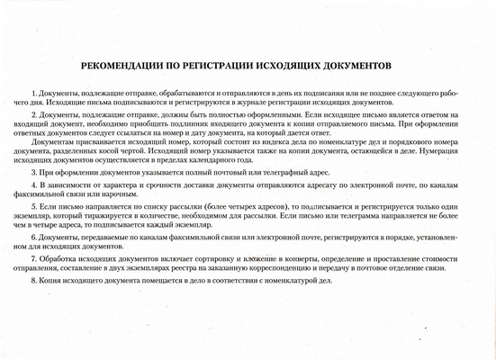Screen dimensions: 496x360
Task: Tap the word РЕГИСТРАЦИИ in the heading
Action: click(x=223, y=67)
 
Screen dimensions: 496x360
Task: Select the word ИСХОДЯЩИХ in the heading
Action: click(x=302, y=67)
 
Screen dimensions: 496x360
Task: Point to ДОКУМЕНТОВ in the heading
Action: click(x=379, y=67)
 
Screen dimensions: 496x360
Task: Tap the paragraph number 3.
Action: click(x=33, y=170)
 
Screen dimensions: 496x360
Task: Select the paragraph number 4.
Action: click(x=33, y=184)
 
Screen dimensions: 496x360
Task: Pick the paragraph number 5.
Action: click(x=33, y=207)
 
